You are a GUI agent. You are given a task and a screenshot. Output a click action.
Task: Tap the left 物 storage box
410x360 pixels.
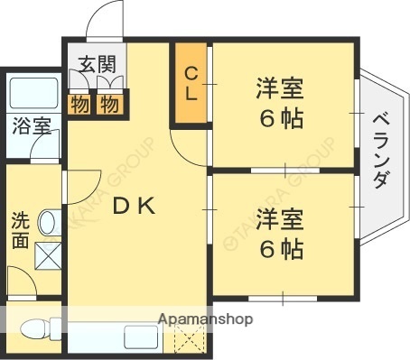point(79,104)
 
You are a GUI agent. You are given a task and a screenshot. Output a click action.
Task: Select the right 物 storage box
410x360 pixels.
point(109,104)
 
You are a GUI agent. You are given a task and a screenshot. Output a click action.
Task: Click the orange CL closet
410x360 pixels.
point(191,84)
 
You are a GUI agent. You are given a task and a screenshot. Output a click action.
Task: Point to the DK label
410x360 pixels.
point(135,206)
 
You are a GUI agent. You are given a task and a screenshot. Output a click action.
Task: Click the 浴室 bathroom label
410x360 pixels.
point(30,126)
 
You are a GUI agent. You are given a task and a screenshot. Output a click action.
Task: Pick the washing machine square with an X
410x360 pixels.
point(46,257)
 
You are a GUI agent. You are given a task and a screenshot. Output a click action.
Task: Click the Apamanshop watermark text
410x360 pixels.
point(206,319)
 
